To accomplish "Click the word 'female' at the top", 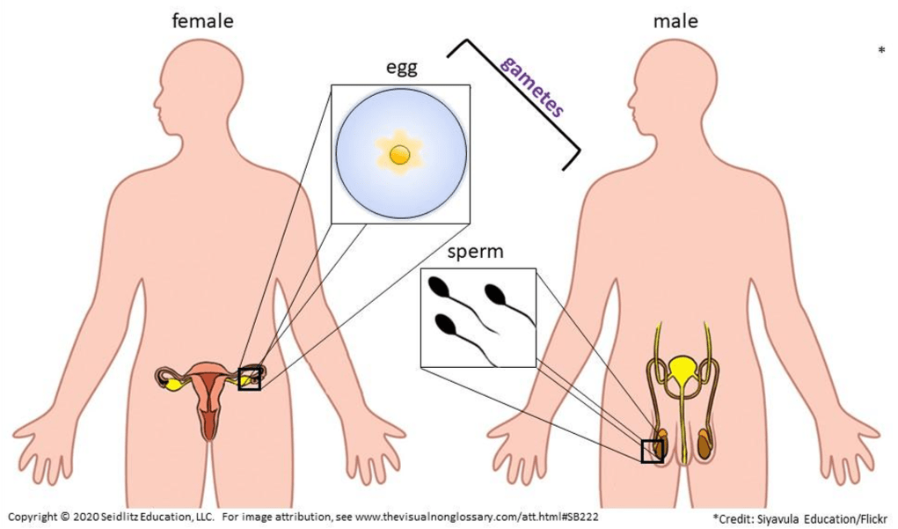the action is pyautogui.click(x=203, y=21).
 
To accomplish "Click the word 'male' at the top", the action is pyautogui.click(x=675, y=21).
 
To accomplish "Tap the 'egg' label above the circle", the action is pyautogui.click(x=401, y=68).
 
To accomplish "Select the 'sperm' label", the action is pyautogui.click(x=475, y=253).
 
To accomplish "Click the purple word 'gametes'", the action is pyautogui.click(x=532, y=86).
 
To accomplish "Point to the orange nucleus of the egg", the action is pyautogui.click(x=399, y=154).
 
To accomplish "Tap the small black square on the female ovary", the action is pyautogui.click(x=250, y=378).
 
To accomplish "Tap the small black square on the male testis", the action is pyautogui.click(x=653, y=451).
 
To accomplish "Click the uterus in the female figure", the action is pyautogui.click(x=209, y=395).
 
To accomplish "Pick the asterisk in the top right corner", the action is pyautogui.click(x=881, y=51).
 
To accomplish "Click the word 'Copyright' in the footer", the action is pyautogui.click(x=32, y=517).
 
